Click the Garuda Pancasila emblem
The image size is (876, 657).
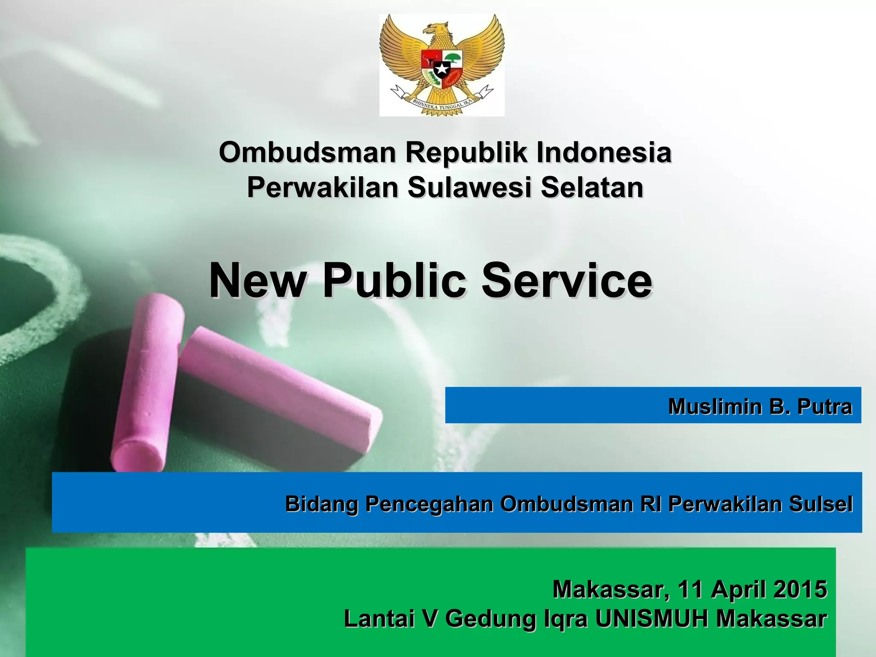pos(442,65)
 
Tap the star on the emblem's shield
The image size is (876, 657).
pos(441,68)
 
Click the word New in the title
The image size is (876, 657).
pos(256,281)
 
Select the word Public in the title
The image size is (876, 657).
pos(394,281)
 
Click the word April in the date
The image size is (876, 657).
pos(737,589)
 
